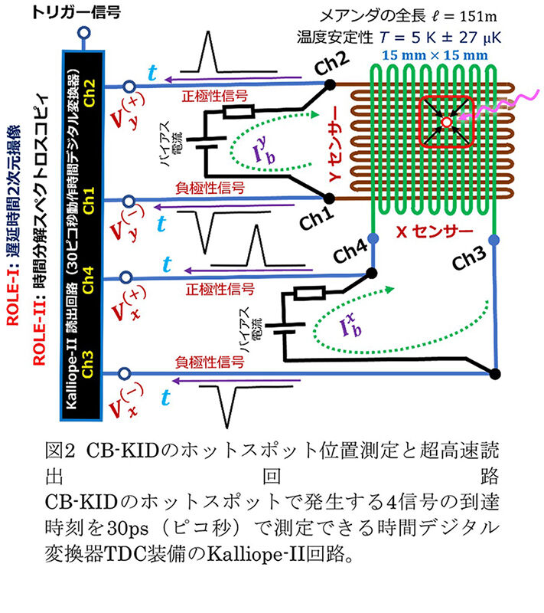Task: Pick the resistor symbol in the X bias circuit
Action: pyautogui.click(x=307, y=293)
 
